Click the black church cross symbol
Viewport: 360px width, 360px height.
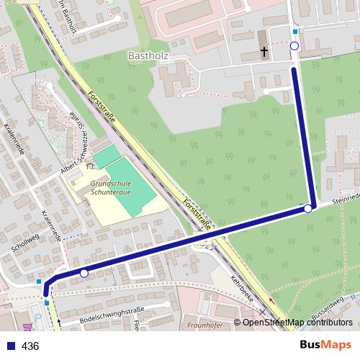pos(264,52)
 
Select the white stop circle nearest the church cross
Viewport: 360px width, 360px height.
pos(294,46)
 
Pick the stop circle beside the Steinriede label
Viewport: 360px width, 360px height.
pos(308,208)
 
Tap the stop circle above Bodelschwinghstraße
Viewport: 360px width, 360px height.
pos(84,274)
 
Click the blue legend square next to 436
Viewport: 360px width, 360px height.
pos(10,346)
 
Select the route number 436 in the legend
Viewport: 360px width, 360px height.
pos(30,346)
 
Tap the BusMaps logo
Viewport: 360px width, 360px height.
pos(326,345)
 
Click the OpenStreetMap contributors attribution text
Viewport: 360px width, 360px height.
pos(297,323)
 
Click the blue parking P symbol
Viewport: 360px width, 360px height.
pos(38,315)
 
